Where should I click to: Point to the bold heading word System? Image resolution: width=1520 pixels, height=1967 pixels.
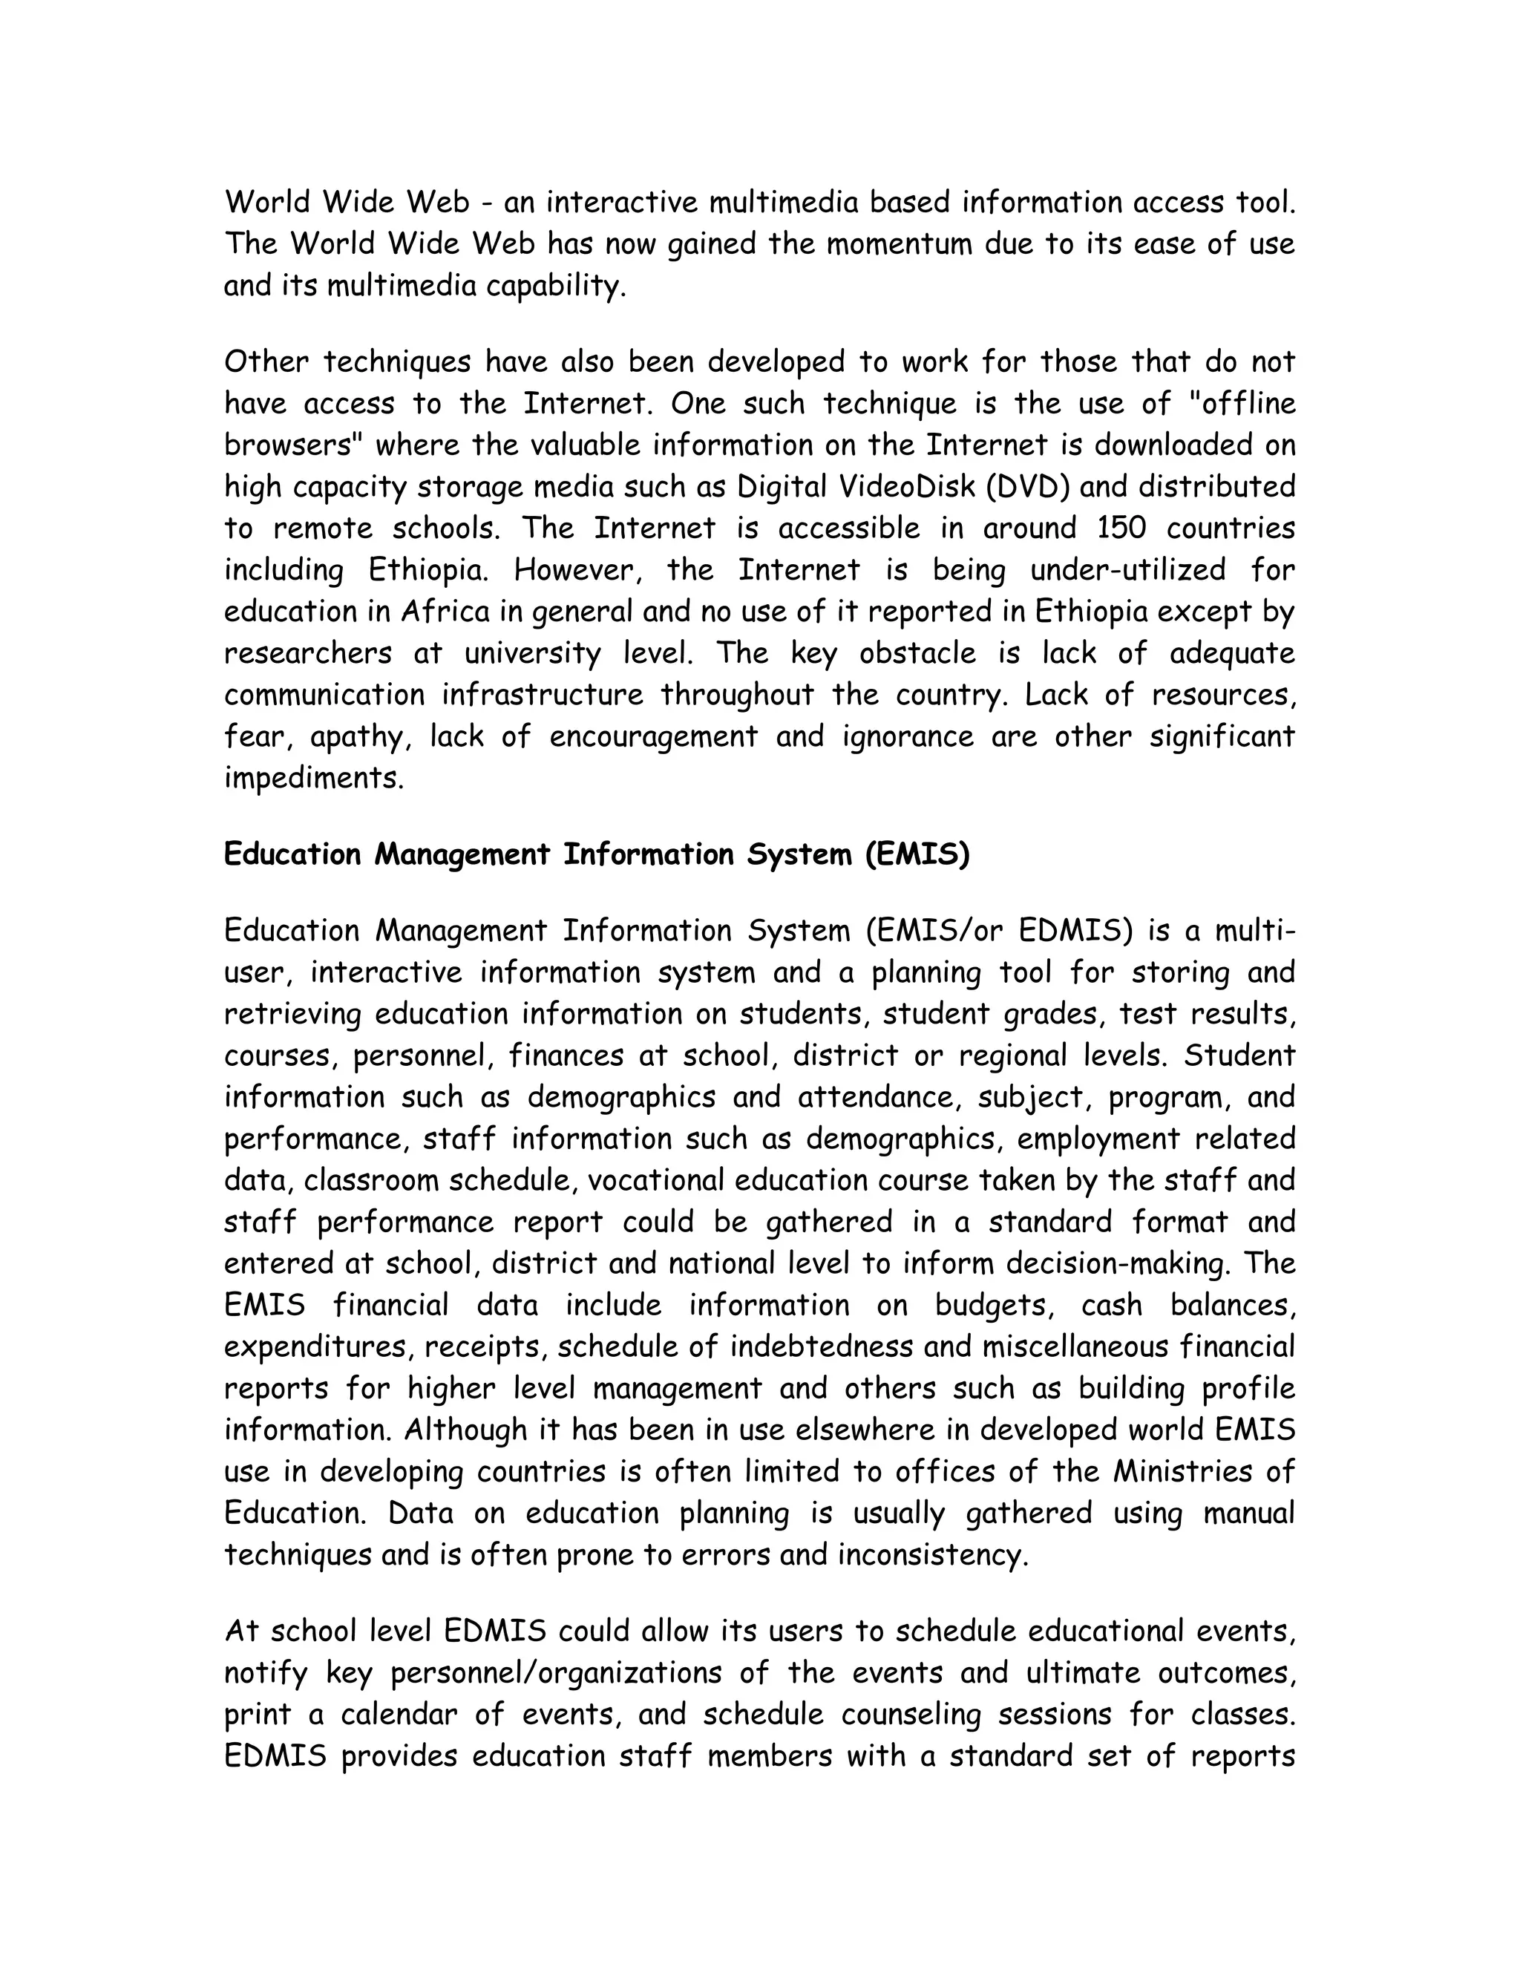[799, 854]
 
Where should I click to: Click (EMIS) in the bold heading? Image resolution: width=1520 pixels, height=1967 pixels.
[917, 854]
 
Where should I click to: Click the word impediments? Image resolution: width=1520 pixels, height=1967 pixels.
[313, 778]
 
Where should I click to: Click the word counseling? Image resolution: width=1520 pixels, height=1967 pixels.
[909, 1714]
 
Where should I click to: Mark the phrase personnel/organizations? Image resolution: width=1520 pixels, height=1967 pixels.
[556, 1672]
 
